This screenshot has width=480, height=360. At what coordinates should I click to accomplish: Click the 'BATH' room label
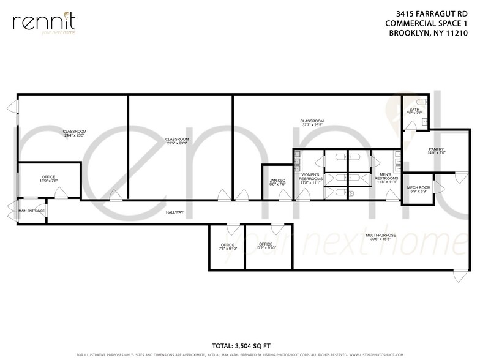coord(414,110)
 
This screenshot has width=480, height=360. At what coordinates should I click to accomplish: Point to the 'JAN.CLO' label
coord(277,181)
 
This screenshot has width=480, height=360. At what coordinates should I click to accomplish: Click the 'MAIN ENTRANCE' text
coord(31,211)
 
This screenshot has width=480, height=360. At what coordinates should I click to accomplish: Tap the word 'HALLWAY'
coord(174,212)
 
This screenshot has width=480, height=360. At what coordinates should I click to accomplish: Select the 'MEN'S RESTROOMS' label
coord(387,176)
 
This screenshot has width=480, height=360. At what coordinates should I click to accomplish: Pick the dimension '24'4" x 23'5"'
coord(73,135)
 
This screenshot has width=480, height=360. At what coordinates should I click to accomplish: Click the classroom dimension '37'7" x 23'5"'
coord(312,125)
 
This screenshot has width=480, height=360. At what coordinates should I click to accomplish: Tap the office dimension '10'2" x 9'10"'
coord(265,248)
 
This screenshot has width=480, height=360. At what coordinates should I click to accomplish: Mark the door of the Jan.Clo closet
coord(283,196)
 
